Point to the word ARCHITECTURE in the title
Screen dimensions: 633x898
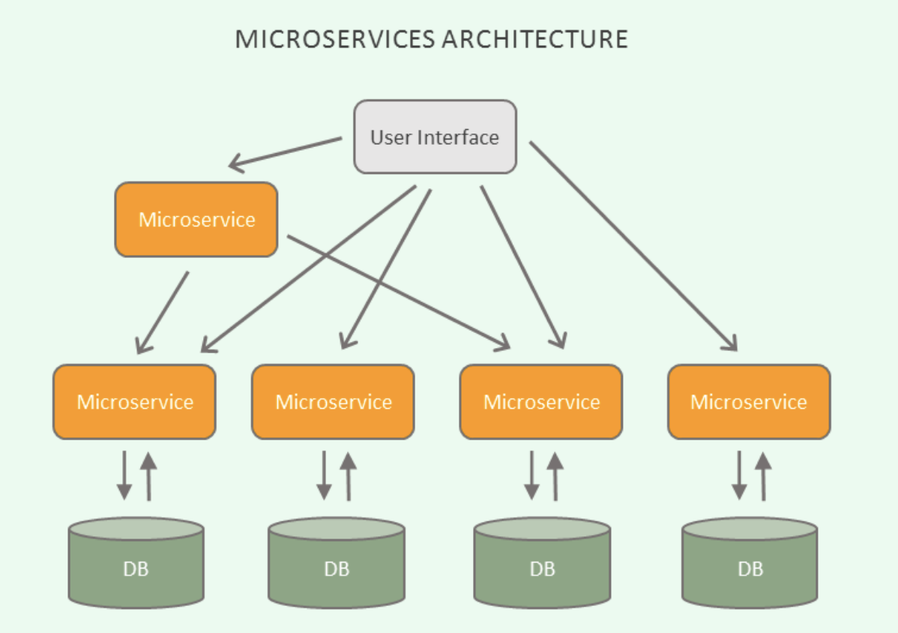pyautogui.click(x=534, y=39)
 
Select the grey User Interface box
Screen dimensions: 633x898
pyautogui.click(x=435, y=137)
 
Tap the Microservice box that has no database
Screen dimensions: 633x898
pyautogui.click(x=196, y=220)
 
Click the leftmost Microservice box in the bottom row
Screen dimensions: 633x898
pyautogui.click(x=135, y=402)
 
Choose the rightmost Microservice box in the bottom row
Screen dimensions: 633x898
pyautogui.click(x=749, y=402)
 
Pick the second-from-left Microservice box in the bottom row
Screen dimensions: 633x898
pyautogui.click(x=334, y=402)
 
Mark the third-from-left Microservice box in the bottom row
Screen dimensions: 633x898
pyautogui.click(x=541, y=402)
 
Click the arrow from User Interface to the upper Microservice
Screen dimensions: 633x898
pyautogui.click(x=285, y=151)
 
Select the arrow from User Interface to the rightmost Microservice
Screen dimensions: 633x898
pyautogui.click(x=633, y=245)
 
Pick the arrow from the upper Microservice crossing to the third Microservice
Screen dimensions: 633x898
pyautogui.click(x=397, y=292)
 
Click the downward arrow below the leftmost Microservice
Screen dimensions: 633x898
pyautogui.click(x=124, y=475)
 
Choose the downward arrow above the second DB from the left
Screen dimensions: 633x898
pyautogui.click(x=324, y=475)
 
